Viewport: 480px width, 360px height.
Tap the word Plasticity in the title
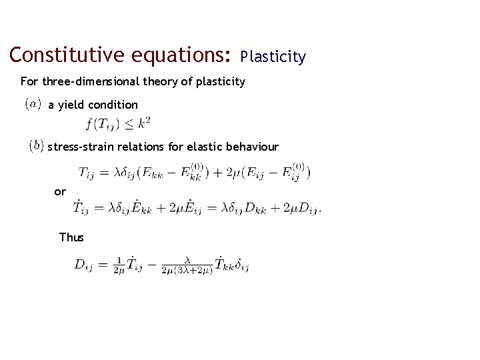[273, 57]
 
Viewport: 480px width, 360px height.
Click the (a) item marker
[33, 105]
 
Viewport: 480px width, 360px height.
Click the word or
[60, 192]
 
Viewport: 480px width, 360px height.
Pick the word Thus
[71, 237]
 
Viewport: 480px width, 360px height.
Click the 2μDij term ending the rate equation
[300, 209]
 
